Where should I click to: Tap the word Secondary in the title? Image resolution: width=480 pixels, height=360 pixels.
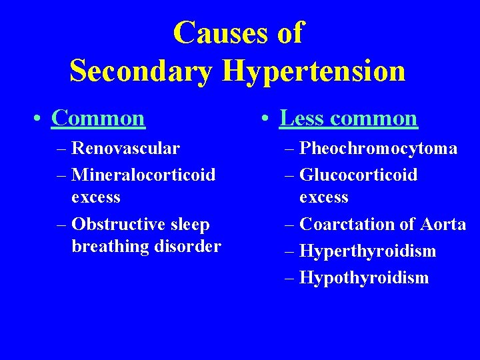141,71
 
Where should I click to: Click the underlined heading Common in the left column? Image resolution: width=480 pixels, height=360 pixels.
98,118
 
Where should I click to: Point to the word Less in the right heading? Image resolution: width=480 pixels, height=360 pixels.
301,118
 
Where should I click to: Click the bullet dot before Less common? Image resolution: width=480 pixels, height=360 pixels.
265,119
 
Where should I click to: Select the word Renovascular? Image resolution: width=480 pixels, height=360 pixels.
125,147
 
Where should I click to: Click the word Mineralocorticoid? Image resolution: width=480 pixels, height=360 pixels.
143,175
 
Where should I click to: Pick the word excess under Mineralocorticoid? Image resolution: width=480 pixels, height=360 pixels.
96,197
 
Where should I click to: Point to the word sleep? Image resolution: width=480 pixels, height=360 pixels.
189,224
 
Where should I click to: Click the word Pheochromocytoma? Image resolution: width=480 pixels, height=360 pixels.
378,148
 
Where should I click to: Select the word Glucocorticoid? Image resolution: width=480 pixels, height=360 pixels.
359,175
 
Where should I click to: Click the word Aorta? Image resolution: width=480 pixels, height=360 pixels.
442,224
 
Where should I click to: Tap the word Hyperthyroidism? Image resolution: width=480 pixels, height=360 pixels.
368,251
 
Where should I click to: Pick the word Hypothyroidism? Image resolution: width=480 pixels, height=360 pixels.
364,277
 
